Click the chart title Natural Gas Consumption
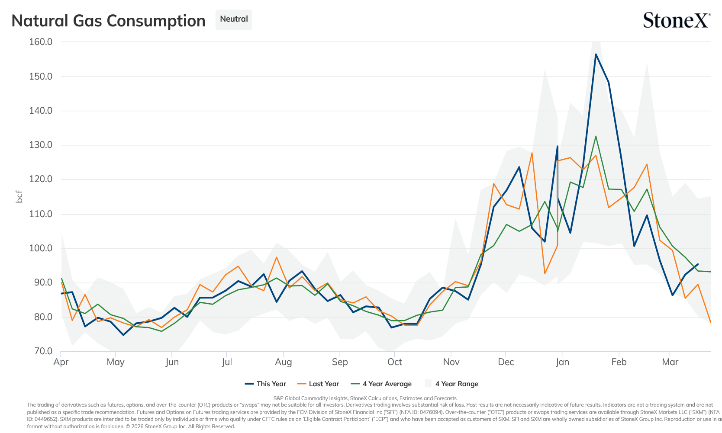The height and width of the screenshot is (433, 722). tap(108, 21)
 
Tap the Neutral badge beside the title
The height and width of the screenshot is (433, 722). tap(234, 19)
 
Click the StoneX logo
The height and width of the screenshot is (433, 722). tap(677, 20)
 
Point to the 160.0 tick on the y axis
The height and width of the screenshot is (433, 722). tap(41, 42)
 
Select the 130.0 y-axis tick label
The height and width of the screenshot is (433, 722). tap(41, 145)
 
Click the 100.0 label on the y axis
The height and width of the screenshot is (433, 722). tap(41, 248)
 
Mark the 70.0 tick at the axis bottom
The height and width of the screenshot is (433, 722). tap(42, 351)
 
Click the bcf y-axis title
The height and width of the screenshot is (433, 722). tap(19, 196)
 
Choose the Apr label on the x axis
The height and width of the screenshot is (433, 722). tap(61, 362)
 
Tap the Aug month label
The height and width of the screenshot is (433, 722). tap(284, 362)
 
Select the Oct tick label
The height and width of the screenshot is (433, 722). tap(394, 362)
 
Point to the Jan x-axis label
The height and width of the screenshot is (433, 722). tap(562, 362)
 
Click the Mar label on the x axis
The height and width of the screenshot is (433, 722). tap(670, 362)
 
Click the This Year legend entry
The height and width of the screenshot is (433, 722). tap(265, 384)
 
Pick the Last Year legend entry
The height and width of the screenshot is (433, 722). tap(318, 384)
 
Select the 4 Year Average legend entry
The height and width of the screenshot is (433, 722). tap(381, 384)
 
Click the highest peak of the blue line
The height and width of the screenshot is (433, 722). tap(596, 54)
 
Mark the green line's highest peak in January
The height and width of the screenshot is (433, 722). tap(596, 136)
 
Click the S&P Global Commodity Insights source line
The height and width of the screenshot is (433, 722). tap(365, 398)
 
